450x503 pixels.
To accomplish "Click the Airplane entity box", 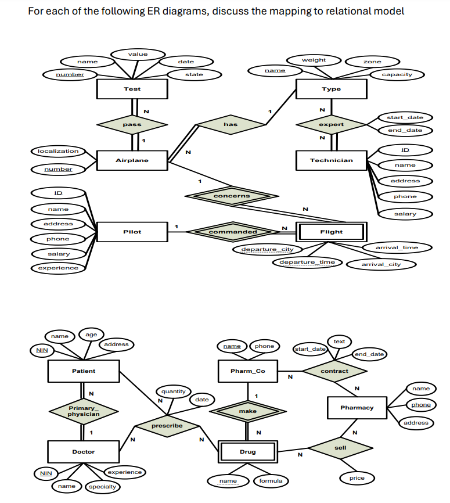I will [132, 160].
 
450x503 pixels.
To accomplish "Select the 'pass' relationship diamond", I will [132, 124].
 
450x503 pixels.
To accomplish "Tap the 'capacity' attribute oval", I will [397, 74].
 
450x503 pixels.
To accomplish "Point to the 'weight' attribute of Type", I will [314, 60].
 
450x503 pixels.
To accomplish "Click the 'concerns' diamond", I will [232, 196].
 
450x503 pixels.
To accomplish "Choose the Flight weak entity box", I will [331, 232].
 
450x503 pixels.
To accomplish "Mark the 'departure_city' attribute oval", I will [267, 249].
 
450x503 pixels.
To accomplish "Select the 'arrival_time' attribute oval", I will [397, 247].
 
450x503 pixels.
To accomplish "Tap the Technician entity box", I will [331, 160].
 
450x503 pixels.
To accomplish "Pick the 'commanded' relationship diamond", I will [232, 232].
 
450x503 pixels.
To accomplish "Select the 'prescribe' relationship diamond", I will [167, 426].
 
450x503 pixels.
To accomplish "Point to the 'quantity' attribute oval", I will [173, 391].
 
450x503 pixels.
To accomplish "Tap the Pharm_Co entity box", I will [247, 371].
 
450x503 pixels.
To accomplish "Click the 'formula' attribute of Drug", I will [271, 481].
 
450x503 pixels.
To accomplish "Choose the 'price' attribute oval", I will [357, 478].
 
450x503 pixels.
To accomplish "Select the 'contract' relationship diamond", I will [334, 371].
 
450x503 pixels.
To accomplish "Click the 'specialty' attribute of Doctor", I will [102, 487].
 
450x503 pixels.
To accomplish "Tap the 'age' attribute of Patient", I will [91, 335].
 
